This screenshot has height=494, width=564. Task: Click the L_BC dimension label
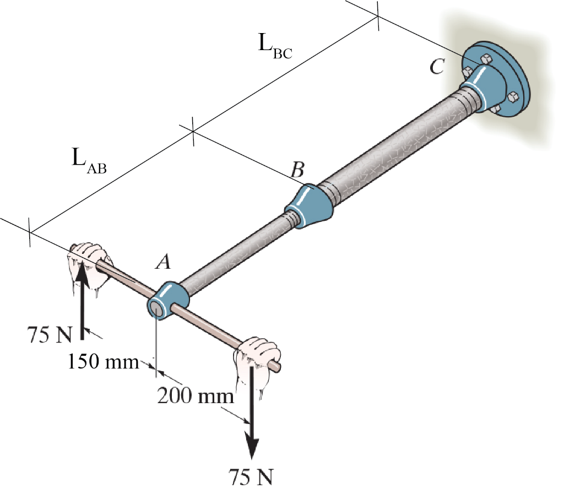pos(275,45)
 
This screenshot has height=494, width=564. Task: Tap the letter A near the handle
pos(162,264)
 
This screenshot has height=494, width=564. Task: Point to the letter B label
pos(297,170)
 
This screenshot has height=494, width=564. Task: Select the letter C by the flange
pos(437,67)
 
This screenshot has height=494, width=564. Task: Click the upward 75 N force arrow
pos(82,297)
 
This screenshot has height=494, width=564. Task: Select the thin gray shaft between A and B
pos(237,253)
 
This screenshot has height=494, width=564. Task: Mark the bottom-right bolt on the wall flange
pos(512,97)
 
